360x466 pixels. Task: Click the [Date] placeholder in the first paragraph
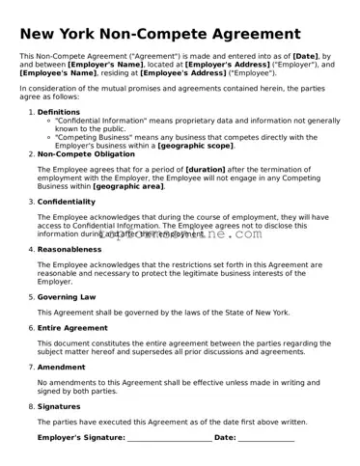(x=312, y=57)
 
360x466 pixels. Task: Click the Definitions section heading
(x=58, y=112)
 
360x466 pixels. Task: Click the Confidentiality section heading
(x=66, y=202)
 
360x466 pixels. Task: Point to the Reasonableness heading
(x=69, y=249)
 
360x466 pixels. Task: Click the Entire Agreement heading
(x=72, y=328)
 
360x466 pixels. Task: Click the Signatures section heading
(x=59, y=406)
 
